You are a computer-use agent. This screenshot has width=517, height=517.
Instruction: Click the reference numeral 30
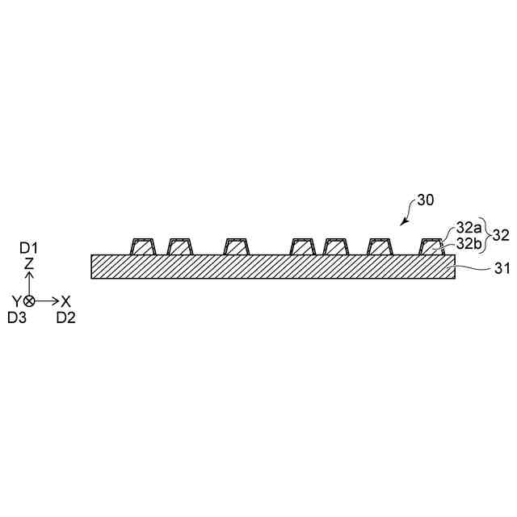point(426,200)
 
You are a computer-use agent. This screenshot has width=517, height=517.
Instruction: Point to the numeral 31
point(501,269)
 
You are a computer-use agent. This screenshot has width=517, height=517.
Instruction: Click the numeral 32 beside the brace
point(500,235)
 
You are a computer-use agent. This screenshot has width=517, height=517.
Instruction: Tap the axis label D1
point(29,248)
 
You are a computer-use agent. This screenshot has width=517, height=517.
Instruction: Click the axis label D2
point(66,317)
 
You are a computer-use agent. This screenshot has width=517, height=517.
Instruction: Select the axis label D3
point(17,317)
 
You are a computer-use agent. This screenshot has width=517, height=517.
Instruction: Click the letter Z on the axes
point(29,264)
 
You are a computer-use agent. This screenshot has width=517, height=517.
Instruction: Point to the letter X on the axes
point(66,301)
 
